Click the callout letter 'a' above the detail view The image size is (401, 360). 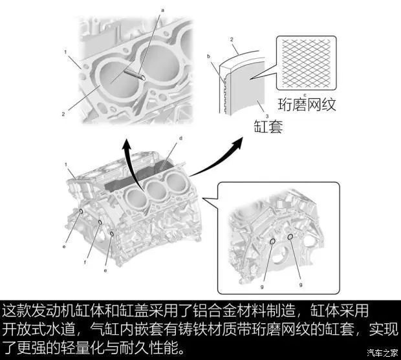(x=162, y=10)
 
